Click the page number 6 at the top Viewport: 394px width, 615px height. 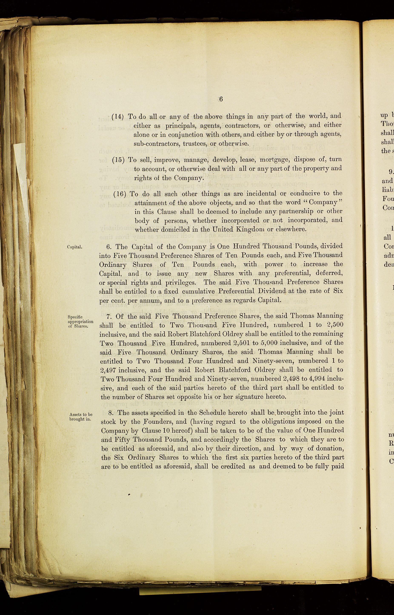tap(221, 99)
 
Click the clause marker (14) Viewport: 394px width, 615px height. tap(118, 116)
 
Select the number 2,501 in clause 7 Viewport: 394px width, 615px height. tap(243, 343)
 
